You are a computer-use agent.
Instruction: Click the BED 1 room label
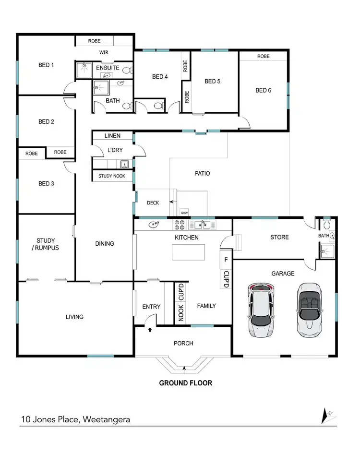click(x=46, y=65)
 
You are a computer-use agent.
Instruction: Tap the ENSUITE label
click(x=108, y=68)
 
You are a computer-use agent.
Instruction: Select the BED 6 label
click(x=264, y=90)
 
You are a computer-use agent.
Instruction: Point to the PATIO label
click(x=200, y=173)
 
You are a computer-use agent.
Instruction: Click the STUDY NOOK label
click(x=112, y=176)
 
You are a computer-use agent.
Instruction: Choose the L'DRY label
click(x=115, y=150)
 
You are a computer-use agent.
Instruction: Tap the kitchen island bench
click(x=188, y=252)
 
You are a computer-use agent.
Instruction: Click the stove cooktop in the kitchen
click(x=180, y=224)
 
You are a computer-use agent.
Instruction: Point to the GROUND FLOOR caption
click(x=186, y=383)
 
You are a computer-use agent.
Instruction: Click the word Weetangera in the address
click(x=106, y=419)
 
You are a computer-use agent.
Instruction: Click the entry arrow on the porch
click(x=150, y=330)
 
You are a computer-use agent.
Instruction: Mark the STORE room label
click(x=279, y=237)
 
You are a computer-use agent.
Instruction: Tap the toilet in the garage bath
click(x=327, y=224)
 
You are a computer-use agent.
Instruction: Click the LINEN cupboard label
click(x=112, y=136)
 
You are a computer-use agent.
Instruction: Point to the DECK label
click(x=153, y=203)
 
